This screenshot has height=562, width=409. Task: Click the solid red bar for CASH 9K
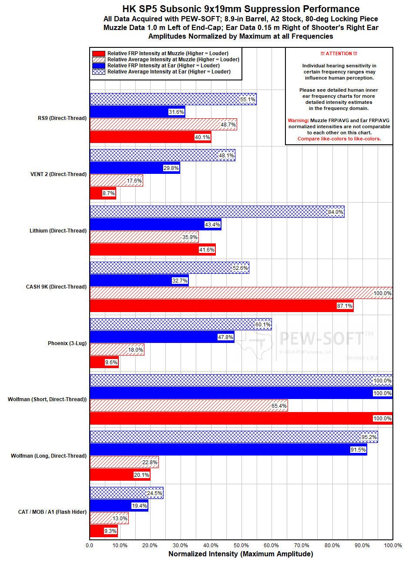click(221, 306)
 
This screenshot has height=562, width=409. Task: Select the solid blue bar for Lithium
click(155, 224)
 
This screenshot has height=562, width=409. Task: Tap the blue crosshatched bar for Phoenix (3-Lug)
click(181, 324)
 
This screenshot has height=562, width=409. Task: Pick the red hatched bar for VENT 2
click(116, 181)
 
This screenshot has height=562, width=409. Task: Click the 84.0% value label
click(335, 212)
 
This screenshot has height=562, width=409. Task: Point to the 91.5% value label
click(358, 450)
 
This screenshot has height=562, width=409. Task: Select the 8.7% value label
click(109, 193)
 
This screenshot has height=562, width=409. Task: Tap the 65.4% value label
click(279, 406)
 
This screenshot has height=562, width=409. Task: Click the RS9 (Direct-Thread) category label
click(62, 118)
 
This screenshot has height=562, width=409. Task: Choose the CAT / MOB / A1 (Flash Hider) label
click(52, 512)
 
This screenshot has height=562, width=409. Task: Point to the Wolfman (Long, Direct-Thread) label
click(49, 456)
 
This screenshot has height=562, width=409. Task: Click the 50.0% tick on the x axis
click(241, 545)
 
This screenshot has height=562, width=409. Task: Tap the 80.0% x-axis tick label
click(332, 545)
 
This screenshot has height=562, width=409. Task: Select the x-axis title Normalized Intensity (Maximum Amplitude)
click(241, 554)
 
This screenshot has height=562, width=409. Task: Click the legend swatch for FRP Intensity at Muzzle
click(99, 53)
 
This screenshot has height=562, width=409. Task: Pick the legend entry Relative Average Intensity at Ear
click(169, 72)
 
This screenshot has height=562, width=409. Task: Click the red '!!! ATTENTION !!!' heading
click(339, 53)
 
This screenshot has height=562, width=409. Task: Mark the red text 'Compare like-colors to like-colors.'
click(339, 139)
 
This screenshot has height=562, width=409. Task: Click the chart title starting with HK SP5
click(241, 9)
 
